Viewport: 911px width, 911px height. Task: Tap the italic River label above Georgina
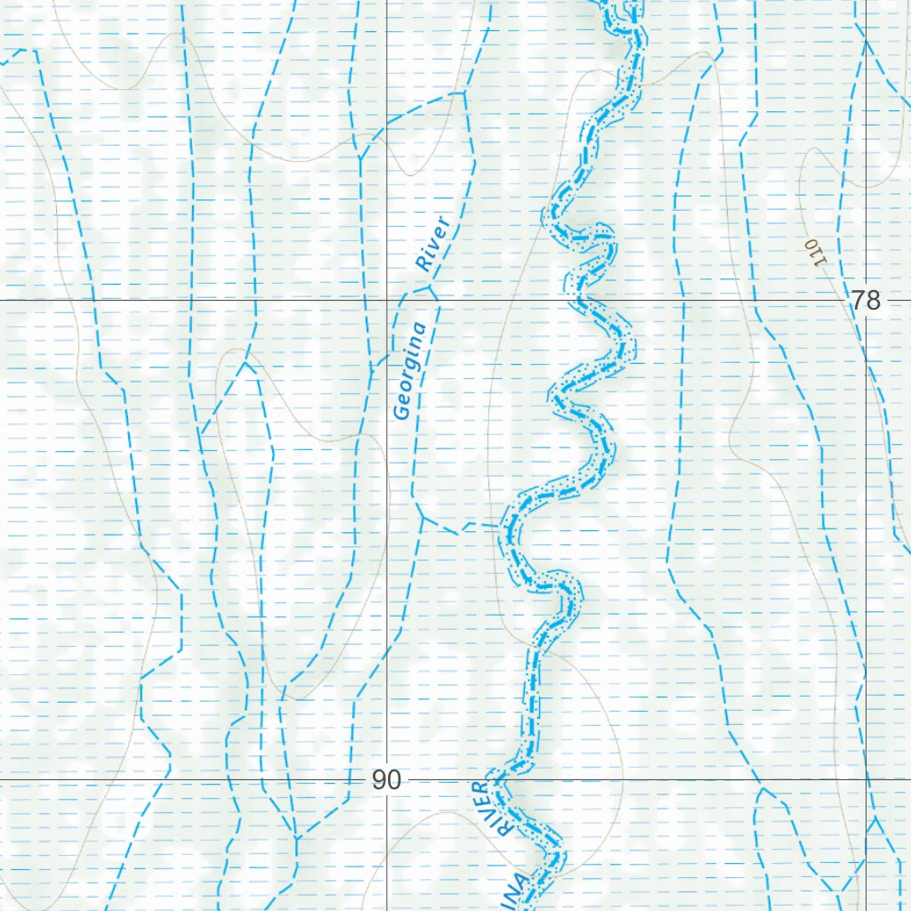point(433,243)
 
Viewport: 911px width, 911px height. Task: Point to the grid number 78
point(865,301)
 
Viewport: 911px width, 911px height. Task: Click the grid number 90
point(386,780)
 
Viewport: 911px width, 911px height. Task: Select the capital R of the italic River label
point(424,263)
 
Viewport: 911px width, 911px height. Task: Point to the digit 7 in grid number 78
point(857,301)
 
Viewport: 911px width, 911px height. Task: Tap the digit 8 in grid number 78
point(873,301)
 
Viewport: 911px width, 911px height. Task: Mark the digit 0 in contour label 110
point(810,242)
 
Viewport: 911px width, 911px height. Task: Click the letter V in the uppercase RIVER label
point(493,809)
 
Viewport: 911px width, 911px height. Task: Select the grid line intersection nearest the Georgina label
point(387,301)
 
